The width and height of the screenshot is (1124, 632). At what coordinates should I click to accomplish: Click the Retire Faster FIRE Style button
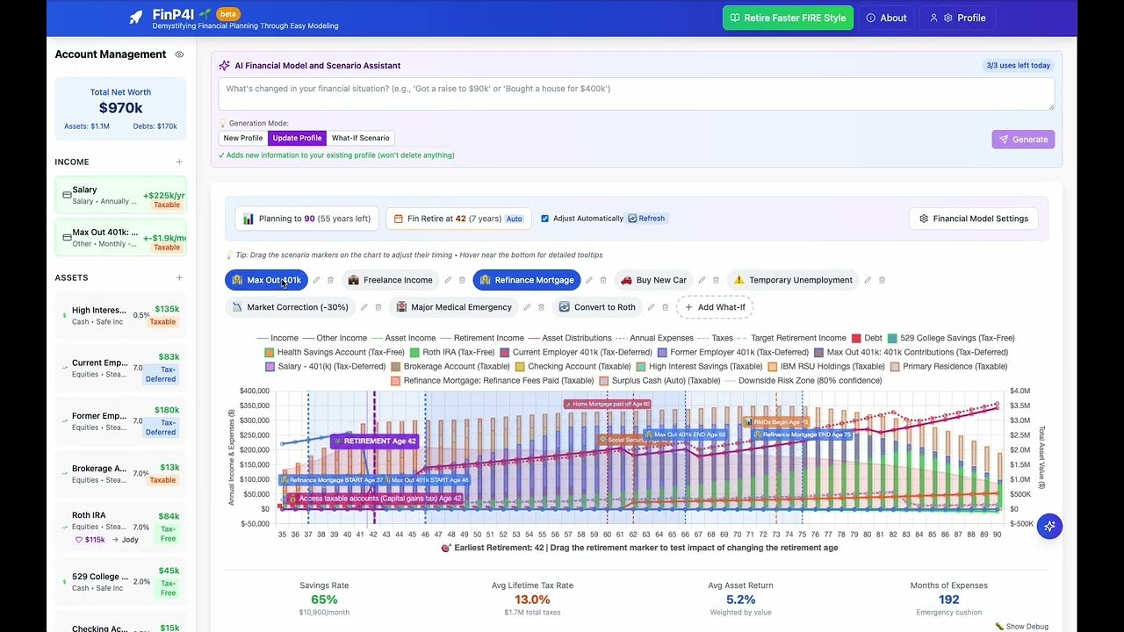click(788, 18)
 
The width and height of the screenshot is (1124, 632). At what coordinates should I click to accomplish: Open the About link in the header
click(886, 18)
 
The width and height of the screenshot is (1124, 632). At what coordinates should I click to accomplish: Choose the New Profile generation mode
click(243, 138)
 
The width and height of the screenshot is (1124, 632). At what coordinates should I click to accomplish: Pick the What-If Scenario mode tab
click(360, 138)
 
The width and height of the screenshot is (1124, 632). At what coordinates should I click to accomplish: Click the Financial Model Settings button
click(973, 219)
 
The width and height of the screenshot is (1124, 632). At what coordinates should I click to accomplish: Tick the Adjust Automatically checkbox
click(544, 219)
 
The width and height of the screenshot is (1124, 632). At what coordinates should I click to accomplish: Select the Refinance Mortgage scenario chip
click(526, 280)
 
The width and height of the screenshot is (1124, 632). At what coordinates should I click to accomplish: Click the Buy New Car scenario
click(653, 280)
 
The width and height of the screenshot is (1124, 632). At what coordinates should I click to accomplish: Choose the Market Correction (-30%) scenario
click(289, 307)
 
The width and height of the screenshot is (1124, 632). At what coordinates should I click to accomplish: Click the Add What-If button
click(715, 307)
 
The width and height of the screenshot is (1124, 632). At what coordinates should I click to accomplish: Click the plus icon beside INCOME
click(179, 162)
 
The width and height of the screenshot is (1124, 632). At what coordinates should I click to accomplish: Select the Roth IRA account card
click(120, 527)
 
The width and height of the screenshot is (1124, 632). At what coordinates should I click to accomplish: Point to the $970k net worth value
click(120, 108)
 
